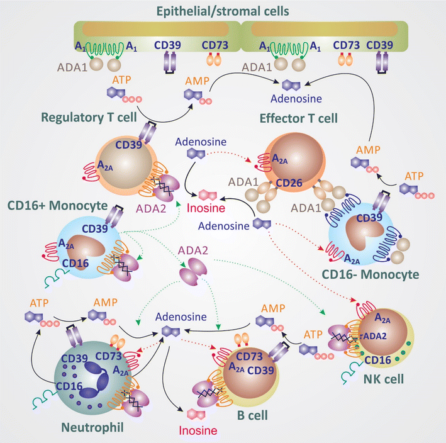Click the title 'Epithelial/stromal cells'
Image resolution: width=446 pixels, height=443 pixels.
(223, 8)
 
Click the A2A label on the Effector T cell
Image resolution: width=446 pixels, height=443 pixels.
(280, 160)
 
